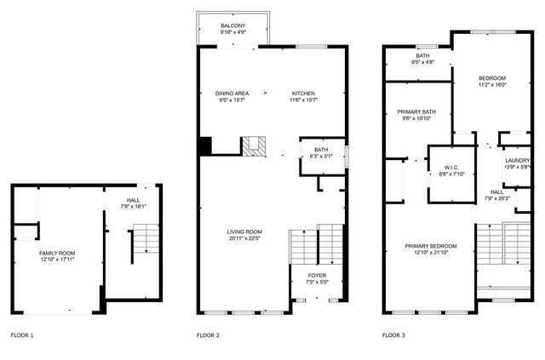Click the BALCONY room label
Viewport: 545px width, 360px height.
coord(232,26)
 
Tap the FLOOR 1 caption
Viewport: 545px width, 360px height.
coord(22,335)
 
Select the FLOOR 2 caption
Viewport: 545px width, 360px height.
coord(208,335)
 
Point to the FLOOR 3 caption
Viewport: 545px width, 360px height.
coord(393,335)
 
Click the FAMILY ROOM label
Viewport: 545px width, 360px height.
coord(57,254)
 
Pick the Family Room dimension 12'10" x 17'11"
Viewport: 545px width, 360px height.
coord(57,260)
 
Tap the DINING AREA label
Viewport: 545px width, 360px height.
coord(232,94)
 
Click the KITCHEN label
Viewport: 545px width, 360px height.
coord(303,94)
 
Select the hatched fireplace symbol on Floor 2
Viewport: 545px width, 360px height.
coord(254,146)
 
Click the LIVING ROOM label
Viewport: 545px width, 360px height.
coord(244,231)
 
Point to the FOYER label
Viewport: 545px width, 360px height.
coord(317,276)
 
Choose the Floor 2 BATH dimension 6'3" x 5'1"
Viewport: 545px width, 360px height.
coord(321,156)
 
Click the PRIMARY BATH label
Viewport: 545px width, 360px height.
coord(416,111)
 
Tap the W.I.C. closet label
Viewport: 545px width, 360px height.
coord(452,168)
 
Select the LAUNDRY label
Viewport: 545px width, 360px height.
coord(518,161)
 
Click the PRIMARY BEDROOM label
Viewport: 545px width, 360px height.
coord(431,246)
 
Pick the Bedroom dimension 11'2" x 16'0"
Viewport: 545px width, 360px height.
coord(492,84)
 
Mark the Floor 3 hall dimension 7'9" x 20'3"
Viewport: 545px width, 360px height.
coord(496,198)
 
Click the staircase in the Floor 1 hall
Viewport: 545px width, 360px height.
coord(146,238)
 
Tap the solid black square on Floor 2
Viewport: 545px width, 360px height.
coord(205,146)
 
